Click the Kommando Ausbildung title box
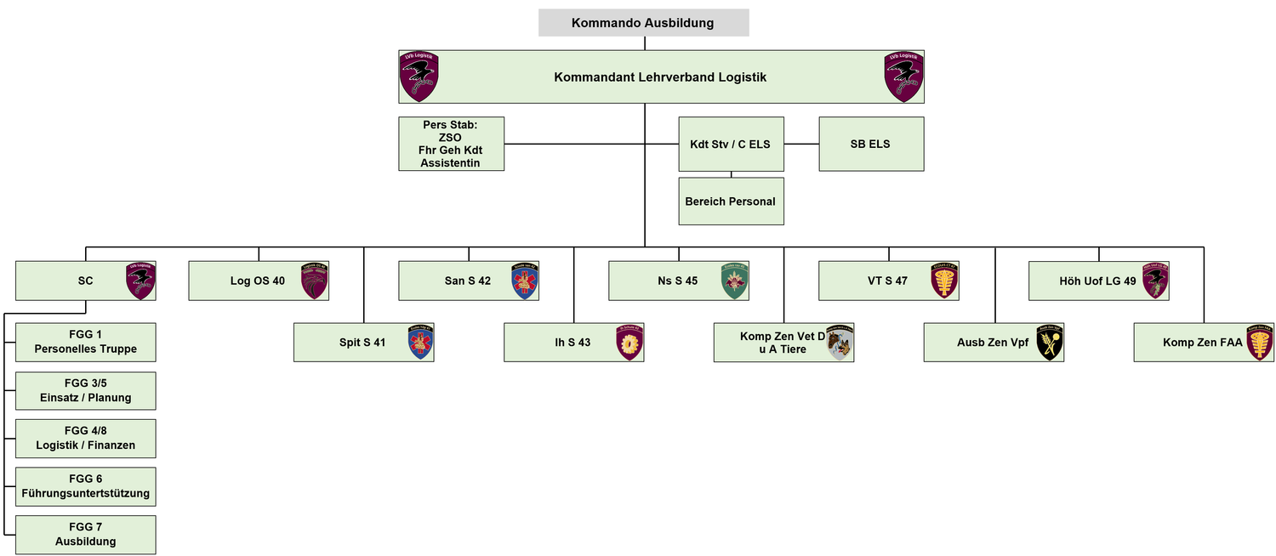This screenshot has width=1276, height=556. (x=643, y=23)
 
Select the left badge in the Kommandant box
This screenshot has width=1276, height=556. (x=419, y=77)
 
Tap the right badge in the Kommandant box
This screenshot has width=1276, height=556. (x=903, y=77)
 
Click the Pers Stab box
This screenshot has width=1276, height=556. (x=451, y=144)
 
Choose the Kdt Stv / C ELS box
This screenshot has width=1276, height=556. (x=730, y=144)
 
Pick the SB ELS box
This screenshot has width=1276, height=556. (x=870, y=144)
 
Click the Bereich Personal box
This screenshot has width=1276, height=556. (x=730, y=201)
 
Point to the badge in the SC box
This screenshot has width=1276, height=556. (x=140, y=281)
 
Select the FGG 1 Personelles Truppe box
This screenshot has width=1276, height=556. (x=85, y=342)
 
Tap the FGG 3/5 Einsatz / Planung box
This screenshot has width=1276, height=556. (x=85, y=390)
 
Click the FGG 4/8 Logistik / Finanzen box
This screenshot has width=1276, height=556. (x=85, y=439)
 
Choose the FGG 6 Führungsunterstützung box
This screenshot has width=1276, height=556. (x=85, y=486)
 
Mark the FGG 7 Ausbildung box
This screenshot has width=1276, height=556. (x=85, y=535)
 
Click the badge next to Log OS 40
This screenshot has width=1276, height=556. (x=314, y=281)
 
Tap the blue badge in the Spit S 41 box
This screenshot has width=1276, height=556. (x=420, y=343)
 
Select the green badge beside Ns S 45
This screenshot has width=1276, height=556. (x=734, y=281)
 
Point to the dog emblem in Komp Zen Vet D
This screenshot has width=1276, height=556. (x=839, y=343)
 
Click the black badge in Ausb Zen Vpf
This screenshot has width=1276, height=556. (x=1050, y=343)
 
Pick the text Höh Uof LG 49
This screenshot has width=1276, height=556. (x=1097, y=281)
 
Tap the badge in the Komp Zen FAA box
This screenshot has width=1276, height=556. (x=1260, y=343)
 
